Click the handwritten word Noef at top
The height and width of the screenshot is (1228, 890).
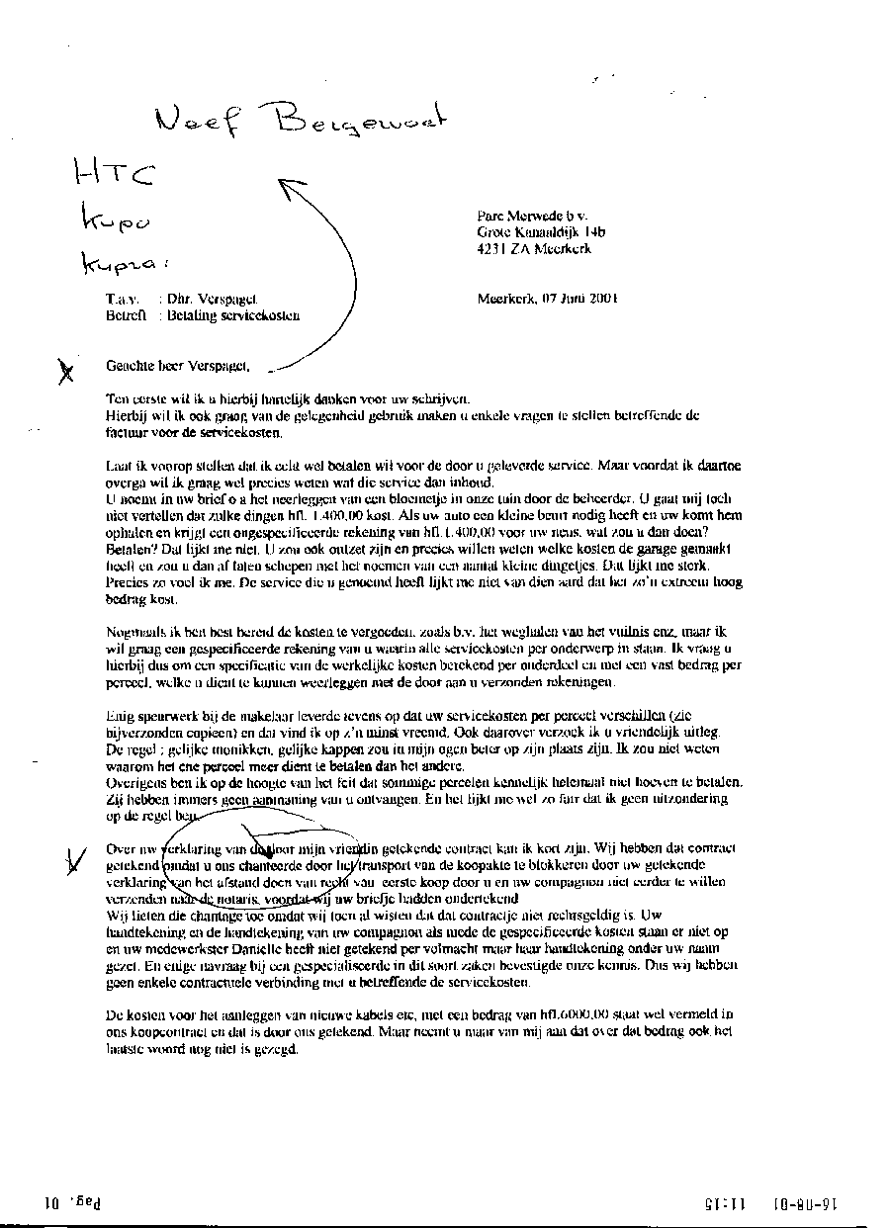(197, 121)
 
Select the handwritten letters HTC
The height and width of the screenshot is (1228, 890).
(115, 176)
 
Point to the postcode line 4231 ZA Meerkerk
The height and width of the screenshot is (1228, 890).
(534, 249)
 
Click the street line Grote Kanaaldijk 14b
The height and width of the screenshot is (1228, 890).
(541, 232)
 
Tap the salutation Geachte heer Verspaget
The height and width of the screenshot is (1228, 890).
(179, 366)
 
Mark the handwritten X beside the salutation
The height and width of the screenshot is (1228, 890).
(65, 371)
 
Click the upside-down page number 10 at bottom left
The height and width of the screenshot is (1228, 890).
(52, 1203)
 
